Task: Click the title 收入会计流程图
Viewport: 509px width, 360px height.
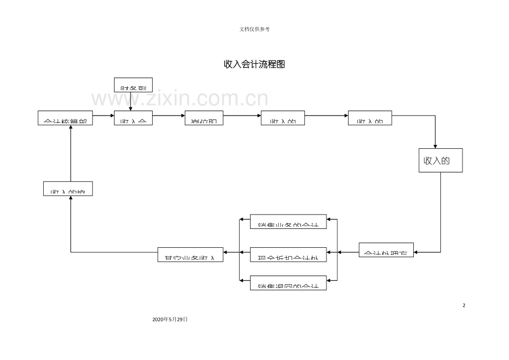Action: (x=254, y=64)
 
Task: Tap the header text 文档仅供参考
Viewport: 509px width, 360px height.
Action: (x=254, y=29)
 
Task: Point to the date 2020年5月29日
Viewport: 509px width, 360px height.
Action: (x=170, y=320)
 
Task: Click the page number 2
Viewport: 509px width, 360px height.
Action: (x=464, y=305)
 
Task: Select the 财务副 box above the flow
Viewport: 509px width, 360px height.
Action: (x=133, y=85)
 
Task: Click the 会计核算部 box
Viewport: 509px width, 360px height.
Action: (x=65, y=119)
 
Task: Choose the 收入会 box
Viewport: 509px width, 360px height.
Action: (x=133, y=119)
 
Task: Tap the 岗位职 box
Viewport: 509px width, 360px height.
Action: (x=204, y=119)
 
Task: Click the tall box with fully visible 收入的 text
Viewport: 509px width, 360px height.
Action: (x=440, y=160)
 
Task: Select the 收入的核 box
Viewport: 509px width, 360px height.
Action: (x=67, y=189)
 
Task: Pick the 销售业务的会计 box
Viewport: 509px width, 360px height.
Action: (x=288, y=221)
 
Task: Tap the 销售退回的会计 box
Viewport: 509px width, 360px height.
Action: (x=288, y=283)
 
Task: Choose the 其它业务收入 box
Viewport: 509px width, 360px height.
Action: (x=190, y=254)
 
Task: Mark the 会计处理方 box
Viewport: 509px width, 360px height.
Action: (x=386, y=250)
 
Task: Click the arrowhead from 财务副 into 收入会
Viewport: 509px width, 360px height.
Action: (x=131, y=109)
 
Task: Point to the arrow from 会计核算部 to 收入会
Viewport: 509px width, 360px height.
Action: (x=103, y=116)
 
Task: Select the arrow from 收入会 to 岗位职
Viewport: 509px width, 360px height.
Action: (x=168, y=116)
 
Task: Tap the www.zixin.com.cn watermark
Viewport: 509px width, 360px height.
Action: (x=180, y=100)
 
